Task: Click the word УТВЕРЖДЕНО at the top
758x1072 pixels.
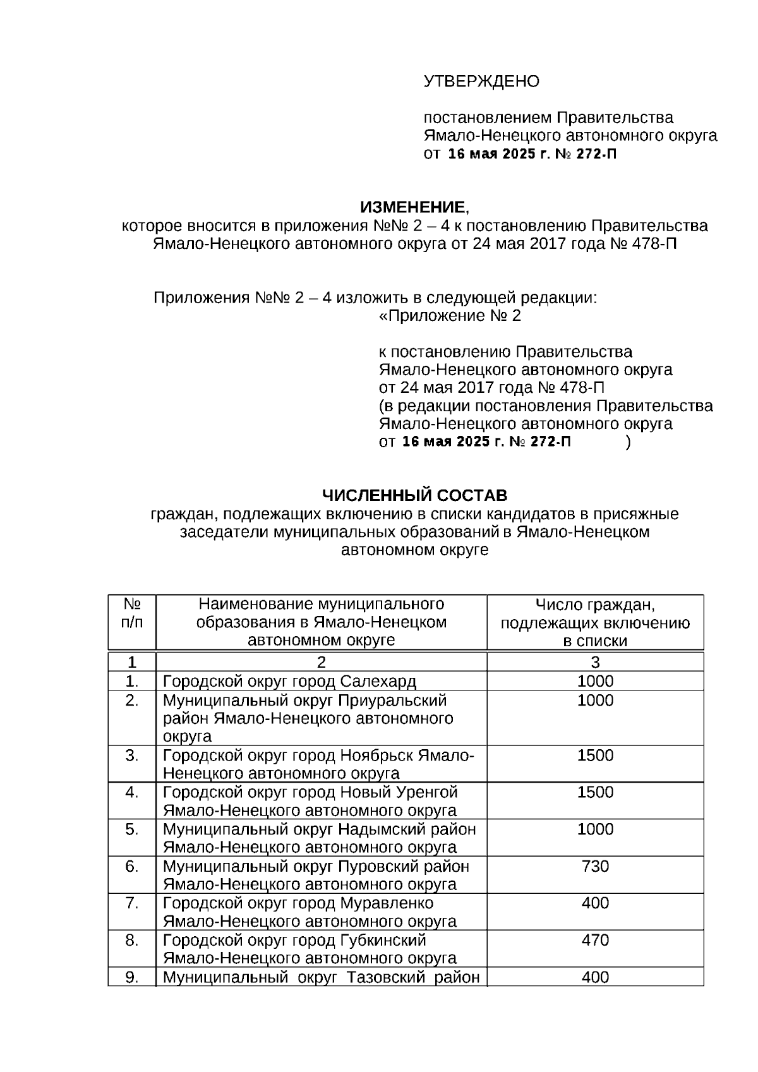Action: tap(481, 81)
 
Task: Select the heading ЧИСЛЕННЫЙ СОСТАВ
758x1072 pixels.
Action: tap(414, 495)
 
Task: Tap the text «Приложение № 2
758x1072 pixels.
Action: tap(450, 316)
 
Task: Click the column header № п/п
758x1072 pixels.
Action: tap(131, 613)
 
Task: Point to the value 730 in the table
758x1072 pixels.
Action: tap(595, 866)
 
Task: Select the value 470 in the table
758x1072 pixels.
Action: tap(595, 940)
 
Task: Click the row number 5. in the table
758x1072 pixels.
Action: tap(131, 829)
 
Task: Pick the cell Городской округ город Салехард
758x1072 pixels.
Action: tap(289, 682)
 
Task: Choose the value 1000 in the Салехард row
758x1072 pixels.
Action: tap(595, 681)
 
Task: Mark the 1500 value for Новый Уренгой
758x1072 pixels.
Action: tap(595, 792)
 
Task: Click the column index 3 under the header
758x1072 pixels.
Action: tap(595, 663)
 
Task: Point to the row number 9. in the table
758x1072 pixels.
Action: tap(131, 977)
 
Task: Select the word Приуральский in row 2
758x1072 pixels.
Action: tap(392, 701)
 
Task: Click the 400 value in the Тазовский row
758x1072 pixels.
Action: tap(595, 977)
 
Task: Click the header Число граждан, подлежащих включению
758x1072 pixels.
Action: tap(595, 614)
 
